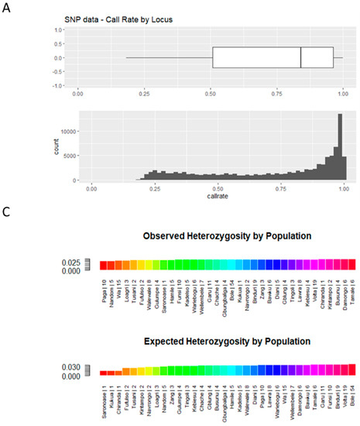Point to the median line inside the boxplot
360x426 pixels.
pyautogui.click(x=300, y=58)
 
